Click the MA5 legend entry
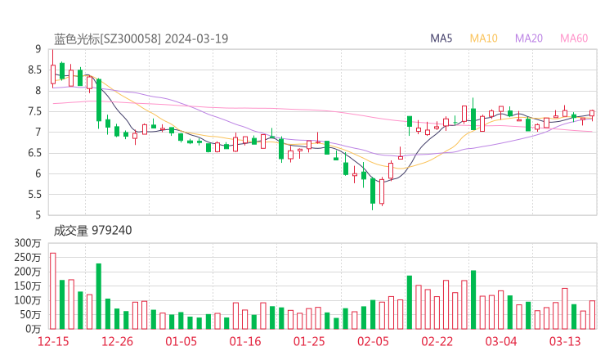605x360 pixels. click(441, 38)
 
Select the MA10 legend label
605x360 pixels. click(484, 38)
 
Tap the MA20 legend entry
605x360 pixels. click(529, 38)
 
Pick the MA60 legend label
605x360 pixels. click(574, 38)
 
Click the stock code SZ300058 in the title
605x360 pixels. click(132, 38)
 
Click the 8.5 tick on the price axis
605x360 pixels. click(35, 70)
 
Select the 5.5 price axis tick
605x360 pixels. click(35, 195)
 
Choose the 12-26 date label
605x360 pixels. click(117, 340)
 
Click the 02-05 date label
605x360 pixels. click(373, 340)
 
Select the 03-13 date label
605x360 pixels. click(565, 340)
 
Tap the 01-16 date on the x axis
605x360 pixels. click(244, 340)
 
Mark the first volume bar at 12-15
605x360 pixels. click(52, 290)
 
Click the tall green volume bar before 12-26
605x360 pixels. click(98, 295)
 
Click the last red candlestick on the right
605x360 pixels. click(592, 115)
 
